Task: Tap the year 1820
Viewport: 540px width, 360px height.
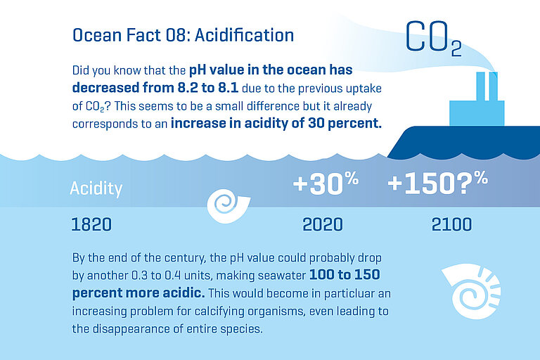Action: point(91,224)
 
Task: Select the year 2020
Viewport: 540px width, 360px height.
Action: point(322,224)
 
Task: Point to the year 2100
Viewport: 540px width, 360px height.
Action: point(451,224)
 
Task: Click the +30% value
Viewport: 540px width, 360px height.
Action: point(326,184)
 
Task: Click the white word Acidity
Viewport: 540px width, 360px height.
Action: point(96,188)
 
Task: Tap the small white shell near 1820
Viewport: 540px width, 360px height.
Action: point(227,203)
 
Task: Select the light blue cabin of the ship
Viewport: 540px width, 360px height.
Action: point(477,113)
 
